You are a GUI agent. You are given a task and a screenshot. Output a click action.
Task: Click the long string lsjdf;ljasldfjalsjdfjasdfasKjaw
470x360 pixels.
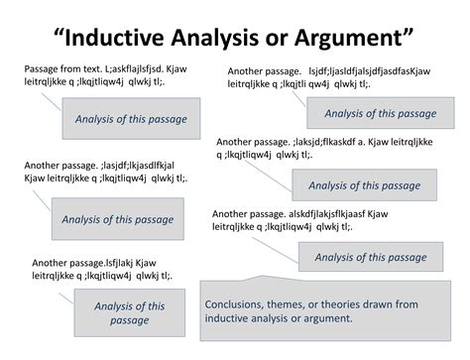coord(378,71)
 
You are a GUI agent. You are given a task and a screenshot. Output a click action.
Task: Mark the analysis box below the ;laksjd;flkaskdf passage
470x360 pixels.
coord(364,184)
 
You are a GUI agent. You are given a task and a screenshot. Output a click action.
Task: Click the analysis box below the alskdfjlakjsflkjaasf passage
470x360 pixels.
coord(370,257)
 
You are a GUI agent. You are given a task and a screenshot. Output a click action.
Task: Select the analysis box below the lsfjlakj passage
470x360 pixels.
coord(137,313)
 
